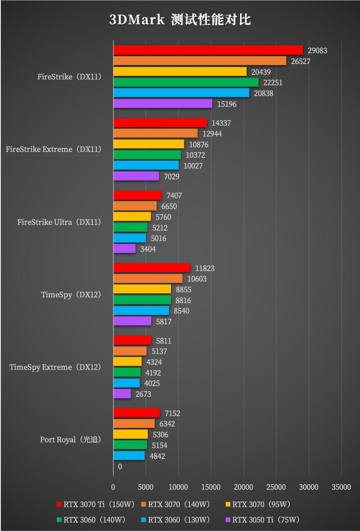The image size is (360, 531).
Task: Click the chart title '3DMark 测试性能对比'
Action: (180, 19)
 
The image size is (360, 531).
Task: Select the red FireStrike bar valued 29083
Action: (208, 50)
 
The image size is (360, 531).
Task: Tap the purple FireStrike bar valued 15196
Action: (163, 104)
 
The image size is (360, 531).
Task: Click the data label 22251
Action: (273, 83)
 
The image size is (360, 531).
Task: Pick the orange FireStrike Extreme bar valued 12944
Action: (155, 133)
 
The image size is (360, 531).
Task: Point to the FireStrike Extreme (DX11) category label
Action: (54, 149)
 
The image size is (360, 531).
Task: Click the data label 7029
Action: (172, 177)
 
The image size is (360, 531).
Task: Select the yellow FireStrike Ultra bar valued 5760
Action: (132, 217)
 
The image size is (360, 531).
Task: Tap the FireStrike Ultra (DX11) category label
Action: (59, 222)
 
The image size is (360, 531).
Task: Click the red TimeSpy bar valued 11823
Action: (152, 268)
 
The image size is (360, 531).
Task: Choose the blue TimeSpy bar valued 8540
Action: (141, 311)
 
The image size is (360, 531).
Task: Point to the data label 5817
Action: (164, 322)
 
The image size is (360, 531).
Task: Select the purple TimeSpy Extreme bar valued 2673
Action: (122, 394)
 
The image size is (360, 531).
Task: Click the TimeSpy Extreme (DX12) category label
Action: (56, 367)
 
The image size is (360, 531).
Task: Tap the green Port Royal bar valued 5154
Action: (130, 445)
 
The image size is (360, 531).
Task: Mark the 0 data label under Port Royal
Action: (120, 467)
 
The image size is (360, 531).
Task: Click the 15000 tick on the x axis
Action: (211, 487)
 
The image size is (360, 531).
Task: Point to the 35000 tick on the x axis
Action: (341, 487)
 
